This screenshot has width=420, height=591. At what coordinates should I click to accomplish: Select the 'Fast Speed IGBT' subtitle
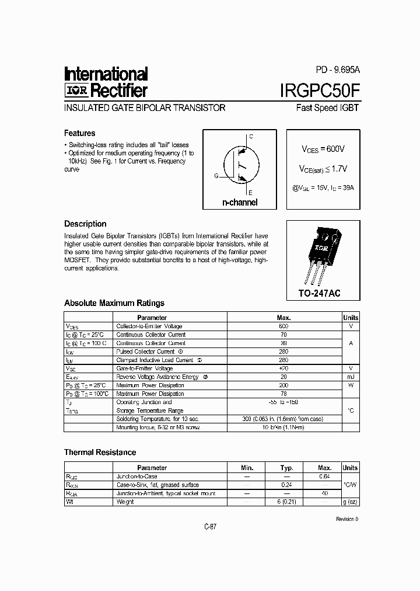click(x=328, y=108)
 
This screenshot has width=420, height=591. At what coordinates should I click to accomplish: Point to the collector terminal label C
click(x=251, y=137)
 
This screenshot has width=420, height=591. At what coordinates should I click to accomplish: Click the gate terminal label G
click(x=216, y=175)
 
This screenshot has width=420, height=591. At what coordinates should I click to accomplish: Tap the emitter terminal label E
click(x=251, y=192)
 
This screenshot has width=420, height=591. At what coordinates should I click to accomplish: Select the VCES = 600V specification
click(x=323, y=150)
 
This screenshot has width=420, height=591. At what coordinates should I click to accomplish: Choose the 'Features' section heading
click(x=79, y=133)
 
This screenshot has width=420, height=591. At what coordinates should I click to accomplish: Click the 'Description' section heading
click(x=85, y=224)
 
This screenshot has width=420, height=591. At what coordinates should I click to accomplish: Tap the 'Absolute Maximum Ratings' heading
click(x=114, y=303)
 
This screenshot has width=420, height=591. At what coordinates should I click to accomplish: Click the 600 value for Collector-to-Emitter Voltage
click(x=283, y=326)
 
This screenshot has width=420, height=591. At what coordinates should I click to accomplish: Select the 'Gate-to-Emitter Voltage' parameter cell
click(x=145, y=368)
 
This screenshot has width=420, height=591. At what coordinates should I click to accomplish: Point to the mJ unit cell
click(x=351, y=377)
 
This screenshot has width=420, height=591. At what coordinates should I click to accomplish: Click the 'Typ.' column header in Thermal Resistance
click(x=286, y=468)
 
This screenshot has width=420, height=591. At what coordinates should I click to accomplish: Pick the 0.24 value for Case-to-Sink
click(x=286, y=485)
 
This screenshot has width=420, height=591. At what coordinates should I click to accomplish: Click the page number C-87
click(x=210, y=527)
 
